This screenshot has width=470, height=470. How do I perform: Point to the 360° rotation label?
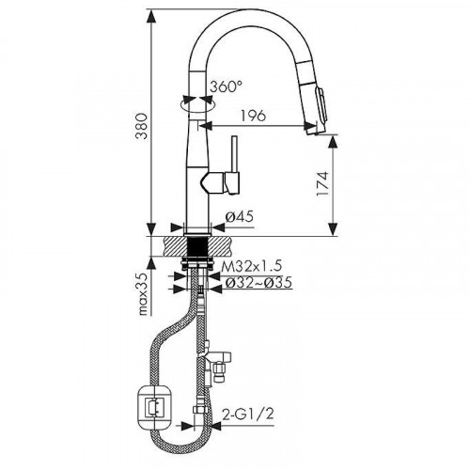click(227, 86)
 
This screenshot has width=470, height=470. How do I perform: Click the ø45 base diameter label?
click(241, 218)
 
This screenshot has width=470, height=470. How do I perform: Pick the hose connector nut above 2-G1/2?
click(200, 410)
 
